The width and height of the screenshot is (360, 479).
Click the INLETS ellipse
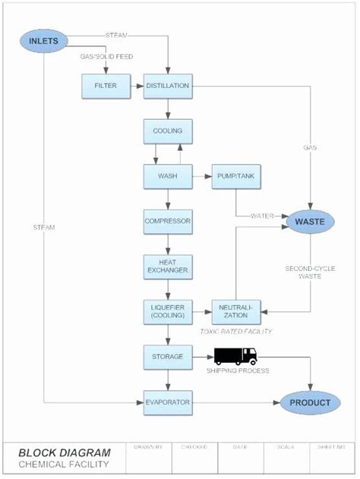44,41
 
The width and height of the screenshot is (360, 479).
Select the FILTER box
105,87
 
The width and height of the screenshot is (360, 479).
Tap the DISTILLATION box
167,87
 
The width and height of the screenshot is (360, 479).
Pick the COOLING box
167,131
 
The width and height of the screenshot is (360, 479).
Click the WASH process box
167,176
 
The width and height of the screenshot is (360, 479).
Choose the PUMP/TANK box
235,176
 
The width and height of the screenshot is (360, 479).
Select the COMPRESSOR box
167,222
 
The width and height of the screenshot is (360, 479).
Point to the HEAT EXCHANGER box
167,265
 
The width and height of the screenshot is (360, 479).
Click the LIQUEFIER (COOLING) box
167,310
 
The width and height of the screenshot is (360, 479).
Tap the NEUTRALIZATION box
235,310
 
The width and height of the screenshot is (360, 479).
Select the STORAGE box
167,356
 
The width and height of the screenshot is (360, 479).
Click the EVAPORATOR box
167,402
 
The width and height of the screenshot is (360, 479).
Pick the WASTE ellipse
309,222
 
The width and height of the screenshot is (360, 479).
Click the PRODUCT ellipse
309,402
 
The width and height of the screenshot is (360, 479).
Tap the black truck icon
235,355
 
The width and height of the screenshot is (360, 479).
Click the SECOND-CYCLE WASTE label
308,273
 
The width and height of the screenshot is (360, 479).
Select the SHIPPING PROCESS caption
238,370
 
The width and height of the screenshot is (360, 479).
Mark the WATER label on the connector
263,216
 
